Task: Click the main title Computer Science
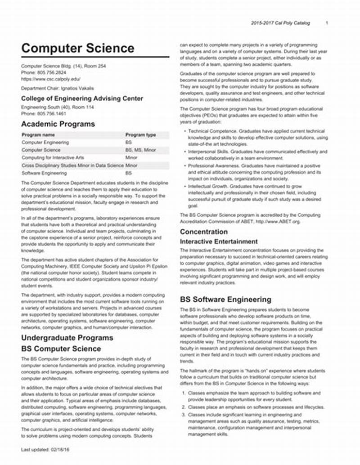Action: [x=77, y=48]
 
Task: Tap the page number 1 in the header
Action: [x=327, y=23]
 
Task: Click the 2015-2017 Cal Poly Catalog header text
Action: [x=280, y=23]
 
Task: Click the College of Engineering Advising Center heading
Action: [x=82, y=98]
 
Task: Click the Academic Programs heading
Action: [x=58, y=124]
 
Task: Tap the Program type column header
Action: [x=140, y=135]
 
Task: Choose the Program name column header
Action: [x=38, y=135]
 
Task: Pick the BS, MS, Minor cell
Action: [x=140, y=150]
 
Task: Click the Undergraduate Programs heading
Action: [x=67, y=338]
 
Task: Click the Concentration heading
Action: [x=204, y=232]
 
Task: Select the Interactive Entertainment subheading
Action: [x=219, y=241]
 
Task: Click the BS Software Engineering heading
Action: [x=225, y=300]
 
